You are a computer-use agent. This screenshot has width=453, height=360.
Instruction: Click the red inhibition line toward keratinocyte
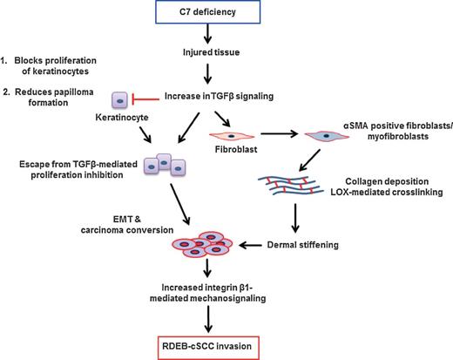pyautogui.click(x=149, y=98)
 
